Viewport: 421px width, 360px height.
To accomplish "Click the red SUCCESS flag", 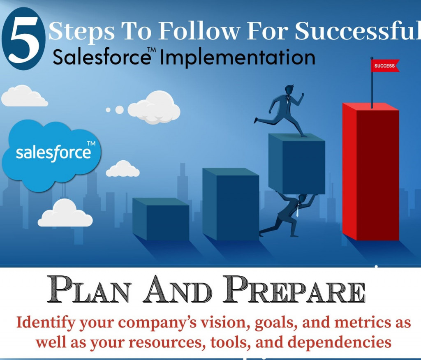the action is click(x=385, y=66).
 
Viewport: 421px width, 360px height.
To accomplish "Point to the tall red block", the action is click(x=371, y=172).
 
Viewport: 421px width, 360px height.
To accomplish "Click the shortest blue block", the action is click(x=161, y=219).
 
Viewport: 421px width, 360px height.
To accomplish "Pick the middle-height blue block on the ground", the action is click(x=231, y=204).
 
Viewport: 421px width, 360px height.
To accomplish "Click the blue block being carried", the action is click(x=297, y=164).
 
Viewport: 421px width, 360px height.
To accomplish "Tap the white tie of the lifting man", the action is click(x=298, y=210).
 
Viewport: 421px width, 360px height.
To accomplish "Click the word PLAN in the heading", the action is click(x=89, y=289).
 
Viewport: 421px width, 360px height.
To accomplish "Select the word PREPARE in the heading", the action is click(x=294, y=289).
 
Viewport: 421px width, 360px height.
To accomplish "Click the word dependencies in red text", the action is click(x=339, y=343).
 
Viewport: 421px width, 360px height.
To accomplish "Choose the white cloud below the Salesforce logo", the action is click(x=65, y=213).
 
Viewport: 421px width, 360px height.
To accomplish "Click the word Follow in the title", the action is click(x=199, y=30).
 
